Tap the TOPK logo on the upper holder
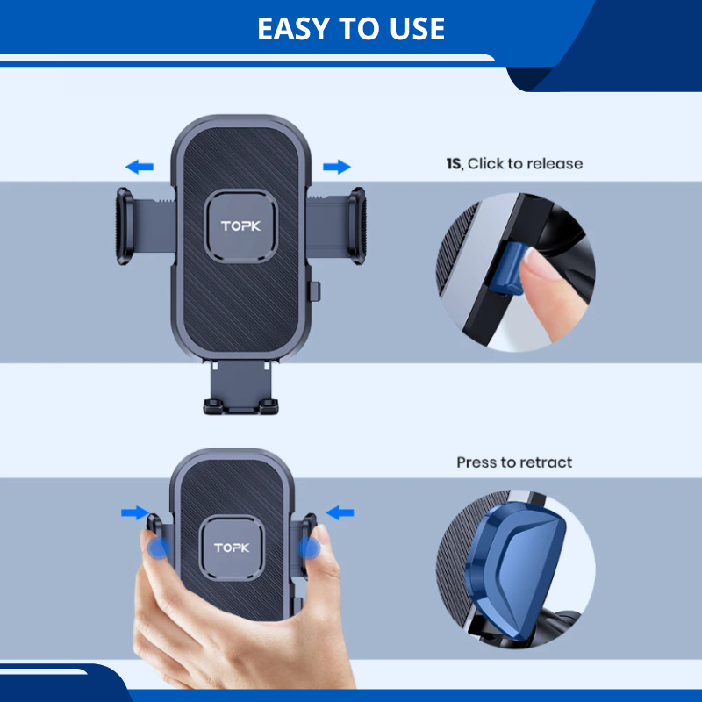pos(241,227)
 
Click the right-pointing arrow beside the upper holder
pos(336,167)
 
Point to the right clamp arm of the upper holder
pos(354,226)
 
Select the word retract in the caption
pos(546,462)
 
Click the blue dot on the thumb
pos(159,548)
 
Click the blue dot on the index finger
pos(310,549)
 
